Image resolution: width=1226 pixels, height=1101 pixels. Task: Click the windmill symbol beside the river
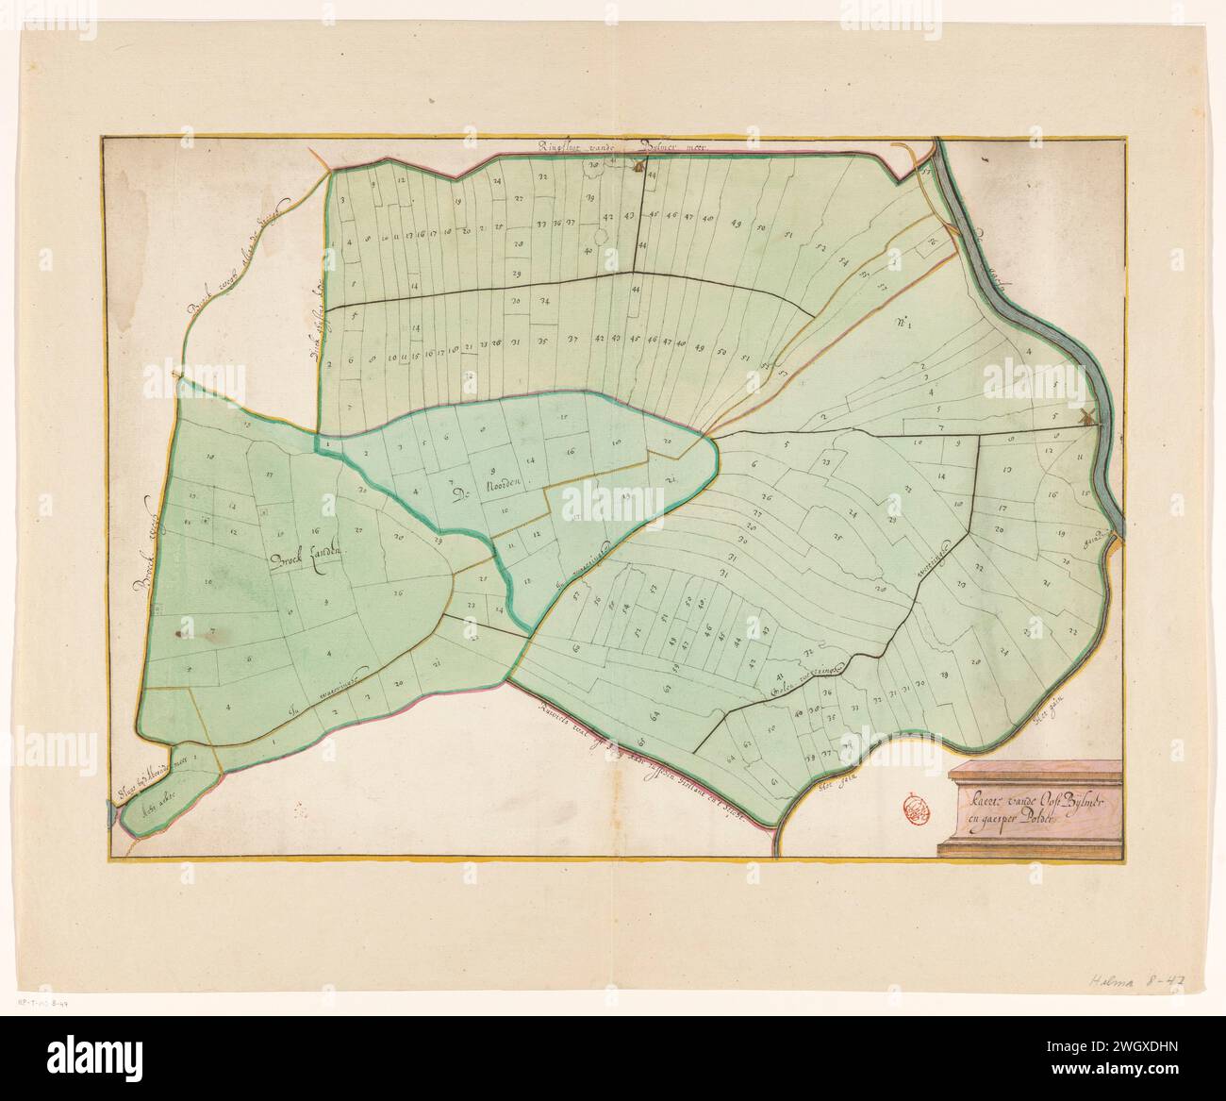[x=1083, y=418]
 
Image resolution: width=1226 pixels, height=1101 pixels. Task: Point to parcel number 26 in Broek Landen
[x=398, y=593]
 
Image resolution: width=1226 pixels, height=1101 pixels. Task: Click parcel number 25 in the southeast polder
[x=835, y=536]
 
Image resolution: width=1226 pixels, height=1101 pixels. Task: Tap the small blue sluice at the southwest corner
[x=113, y=819]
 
